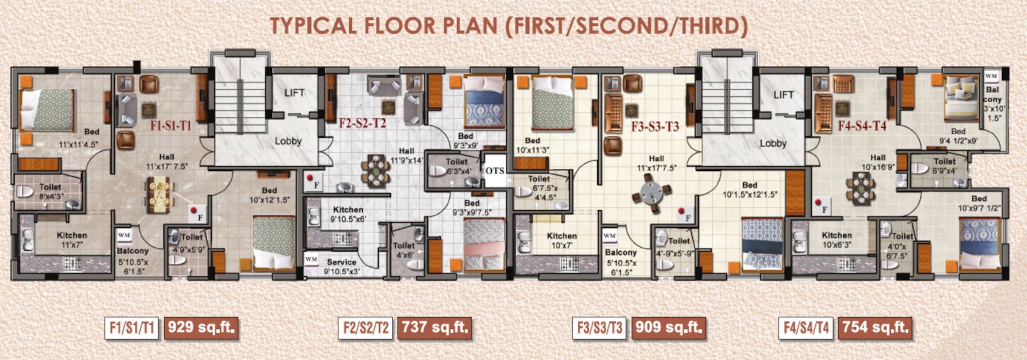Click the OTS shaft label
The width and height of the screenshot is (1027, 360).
[495, 171]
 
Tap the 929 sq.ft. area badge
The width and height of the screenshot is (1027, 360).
[201, 328]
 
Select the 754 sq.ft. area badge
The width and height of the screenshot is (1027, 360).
[875, 328]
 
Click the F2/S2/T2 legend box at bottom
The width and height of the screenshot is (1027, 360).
[366, 328]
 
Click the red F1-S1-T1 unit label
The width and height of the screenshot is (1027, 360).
[171, 126]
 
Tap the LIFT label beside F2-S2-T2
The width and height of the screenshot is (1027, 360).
[294, 93]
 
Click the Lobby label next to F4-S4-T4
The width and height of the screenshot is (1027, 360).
[773, 143]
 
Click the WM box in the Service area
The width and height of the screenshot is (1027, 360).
[311, 259]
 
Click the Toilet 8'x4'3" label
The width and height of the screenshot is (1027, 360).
[50, 191]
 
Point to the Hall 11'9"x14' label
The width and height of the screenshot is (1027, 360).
[406, 156]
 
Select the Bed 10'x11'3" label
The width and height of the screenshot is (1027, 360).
[532, 145]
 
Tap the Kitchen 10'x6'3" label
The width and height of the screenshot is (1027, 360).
[837, 240]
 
